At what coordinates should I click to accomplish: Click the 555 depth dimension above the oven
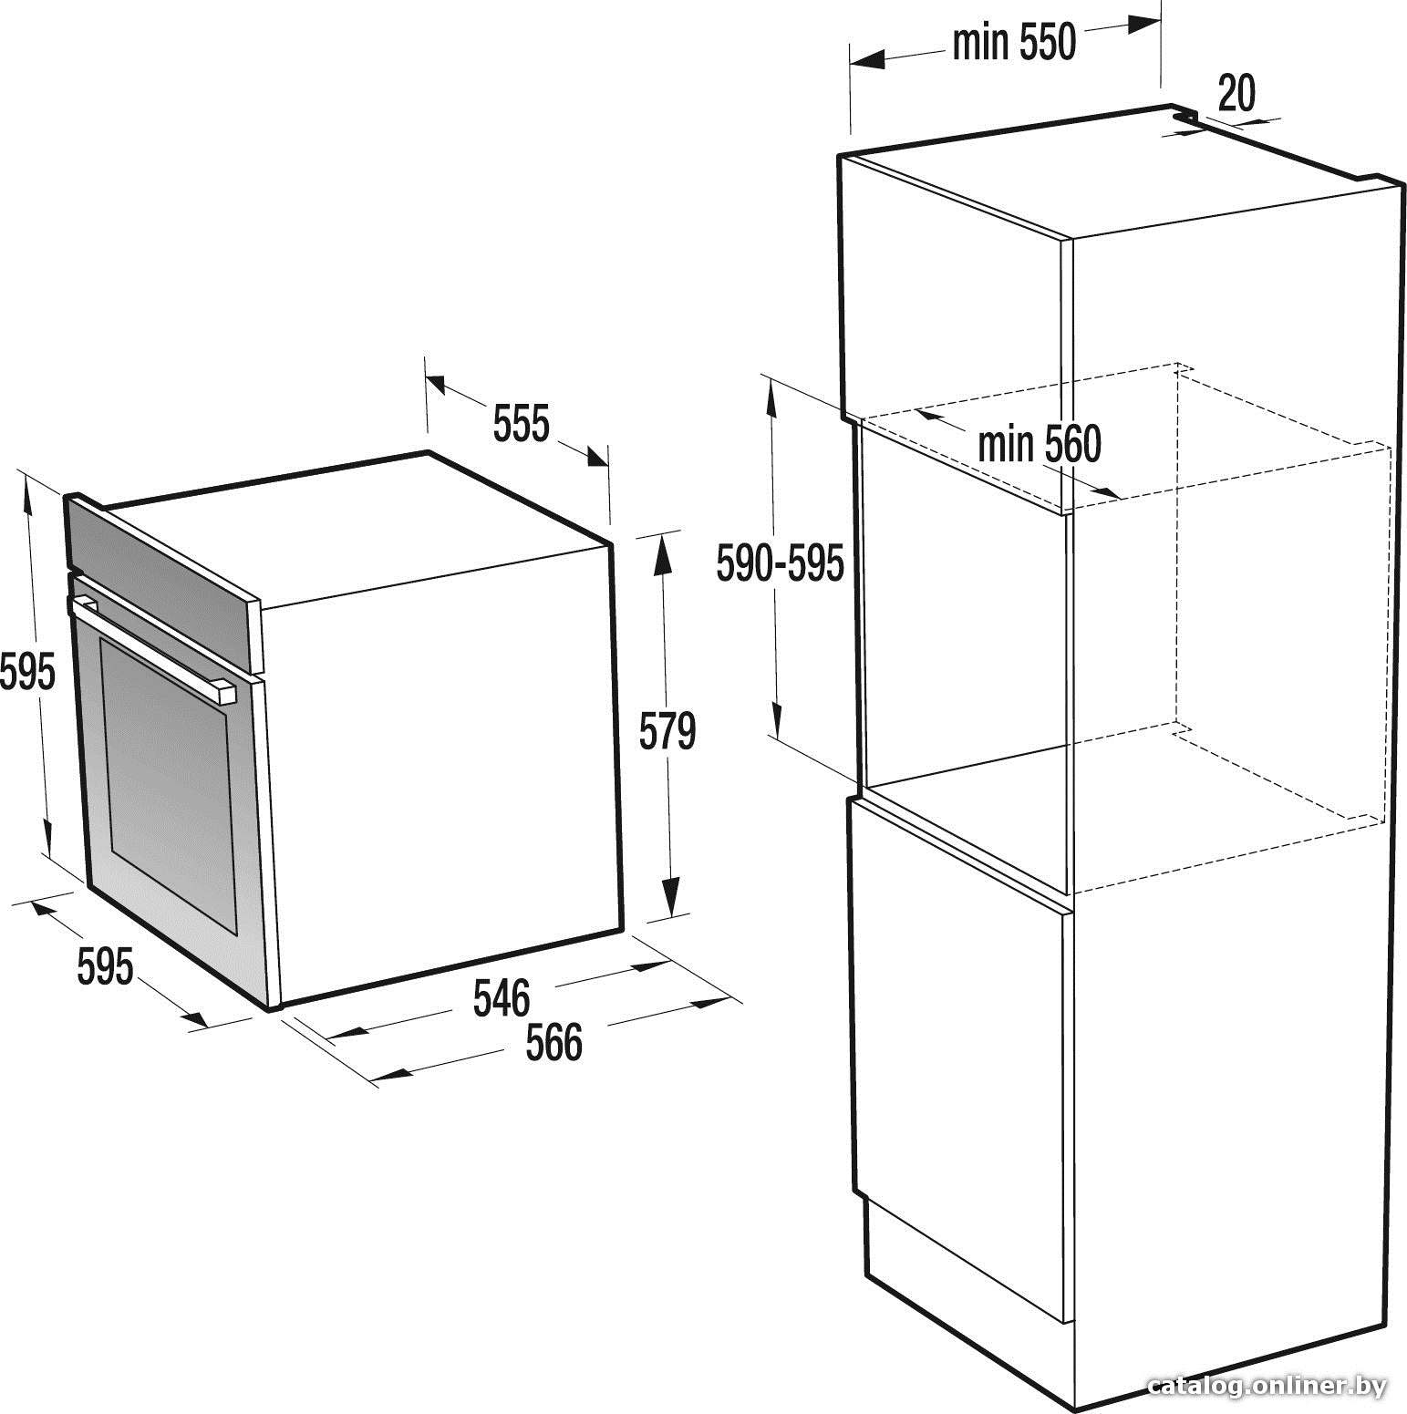pos(521,424)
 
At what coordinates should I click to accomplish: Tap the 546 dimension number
pos(502,997)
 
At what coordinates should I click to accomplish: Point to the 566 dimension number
pos(553,1042)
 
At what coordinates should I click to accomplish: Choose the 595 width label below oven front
pos(105,966)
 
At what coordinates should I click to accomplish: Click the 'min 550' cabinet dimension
pos(1014,42)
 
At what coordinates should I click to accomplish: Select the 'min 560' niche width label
pos(1040,445)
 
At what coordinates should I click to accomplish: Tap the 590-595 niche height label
pos(780,563)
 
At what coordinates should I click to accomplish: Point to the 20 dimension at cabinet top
pos(1236,92)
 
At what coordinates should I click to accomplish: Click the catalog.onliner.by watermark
pos(1267,1387)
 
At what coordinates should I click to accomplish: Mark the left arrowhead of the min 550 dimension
pos(867,60)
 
